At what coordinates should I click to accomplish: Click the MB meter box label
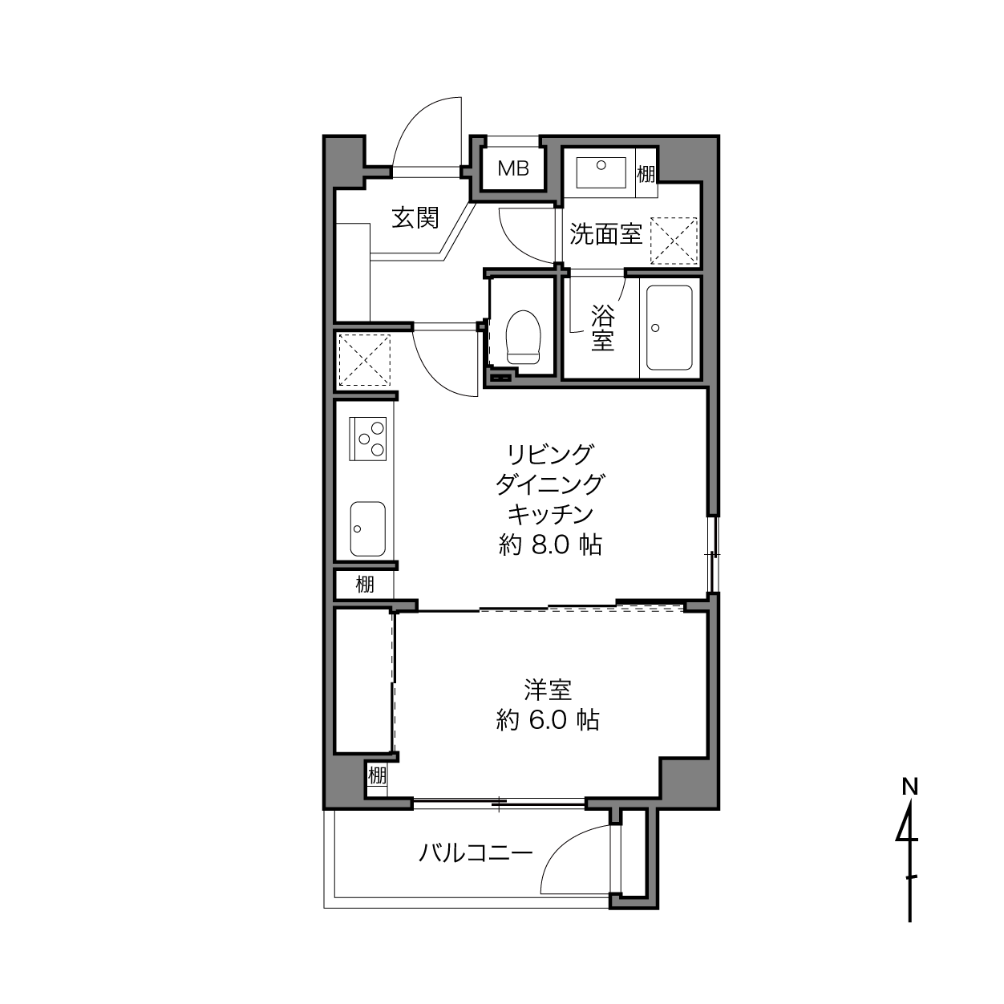tap(513, 168)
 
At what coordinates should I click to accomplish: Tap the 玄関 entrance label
tap(415, 217)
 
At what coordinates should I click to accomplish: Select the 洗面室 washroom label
tap(605, 234)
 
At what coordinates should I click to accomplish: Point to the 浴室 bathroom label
tap(602, 327)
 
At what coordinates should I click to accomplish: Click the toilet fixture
tap(524, 337)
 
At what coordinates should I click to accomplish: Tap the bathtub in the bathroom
tap(669, 328)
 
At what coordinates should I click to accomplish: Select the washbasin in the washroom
tap(601, 172)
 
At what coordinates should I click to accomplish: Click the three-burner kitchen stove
tap(368, 439)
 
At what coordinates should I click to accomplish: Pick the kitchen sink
tap(368, 528)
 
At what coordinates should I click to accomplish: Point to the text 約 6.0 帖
tap(548, 721)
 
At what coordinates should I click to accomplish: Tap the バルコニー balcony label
tap(476, 853)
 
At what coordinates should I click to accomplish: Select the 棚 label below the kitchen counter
tap(365, 585)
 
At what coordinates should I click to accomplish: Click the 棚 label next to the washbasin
tap(646, 173)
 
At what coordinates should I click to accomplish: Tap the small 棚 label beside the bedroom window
tap(377, 775)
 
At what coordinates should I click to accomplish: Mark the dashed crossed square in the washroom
tap(674, 241)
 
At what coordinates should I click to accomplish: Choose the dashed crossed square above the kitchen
tap(364, 360)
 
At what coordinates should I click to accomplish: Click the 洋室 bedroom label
tap(548, 690)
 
